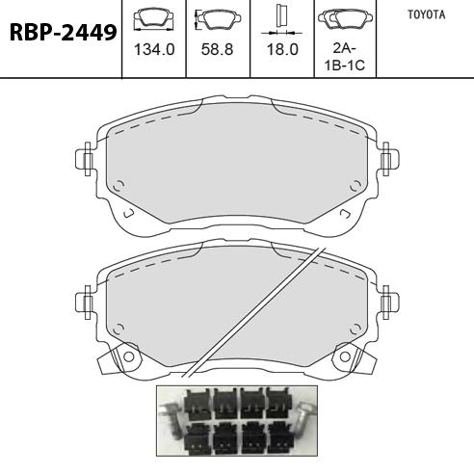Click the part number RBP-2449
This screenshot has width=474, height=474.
coord(63,33)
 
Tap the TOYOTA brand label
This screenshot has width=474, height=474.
coord(427,14)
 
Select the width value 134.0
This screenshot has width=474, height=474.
coord(154,50)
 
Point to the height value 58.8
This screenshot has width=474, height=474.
coord(217,50)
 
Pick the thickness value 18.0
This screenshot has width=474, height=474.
coord(282,50)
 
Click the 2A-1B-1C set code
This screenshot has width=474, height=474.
coord(345,57)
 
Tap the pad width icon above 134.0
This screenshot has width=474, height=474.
coord(153,20)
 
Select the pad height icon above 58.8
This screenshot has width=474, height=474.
coord(218,19)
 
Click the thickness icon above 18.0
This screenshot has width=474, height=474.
coord(281,20)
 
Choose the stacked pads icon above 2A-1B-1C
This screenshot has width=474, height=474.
coord(345,18)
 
